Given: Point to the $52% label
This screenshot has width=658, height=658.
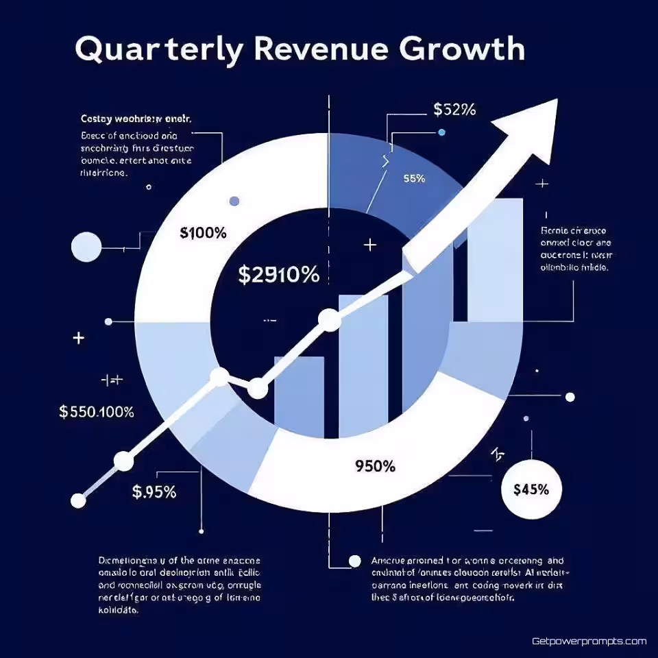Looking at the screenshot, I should tap(454, 110).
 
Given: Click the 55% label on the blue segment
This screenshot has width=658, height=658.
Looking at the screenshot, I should tap(414, 179).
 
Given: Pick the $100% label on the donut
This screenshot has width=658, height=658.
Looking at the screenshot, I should tap(203, 233).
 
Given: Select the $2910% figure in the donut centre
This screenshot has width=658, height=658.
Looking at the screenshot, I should tap(278, 275).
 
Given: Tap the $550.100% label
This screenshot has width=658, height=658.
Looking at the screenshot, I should tap(97, 412).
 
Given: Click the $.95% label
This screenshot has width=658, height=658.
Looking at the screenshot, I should tap(154, 491).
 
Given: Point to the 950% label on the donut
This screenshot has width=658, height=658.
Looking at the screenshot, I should tap(375, 466).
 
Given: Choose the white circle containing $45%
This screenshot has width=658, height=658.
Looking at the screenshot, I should tap(531, 489).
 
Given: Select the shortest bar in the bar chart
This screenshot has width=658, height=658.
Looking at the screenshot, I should tap(299, 395).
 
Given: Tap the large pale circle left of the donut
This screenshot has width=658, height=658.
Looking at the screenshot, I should tap(86, 247).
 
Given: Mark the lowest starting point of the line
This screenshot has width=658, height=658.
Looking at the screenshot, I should tap(78, 501).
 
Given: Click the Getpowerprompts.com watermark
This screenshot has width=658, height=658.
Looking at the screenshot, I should tap(589, 642).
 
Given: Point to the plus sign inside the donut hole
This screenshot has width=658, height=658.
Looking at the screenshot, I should tap(371, 244).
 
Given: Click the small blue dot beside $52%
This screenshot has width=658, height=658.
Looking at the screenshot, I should tap(441, 132).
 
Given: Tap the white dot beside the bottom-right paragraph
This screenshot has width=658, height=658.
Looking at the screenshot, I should tap(354, 561).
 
